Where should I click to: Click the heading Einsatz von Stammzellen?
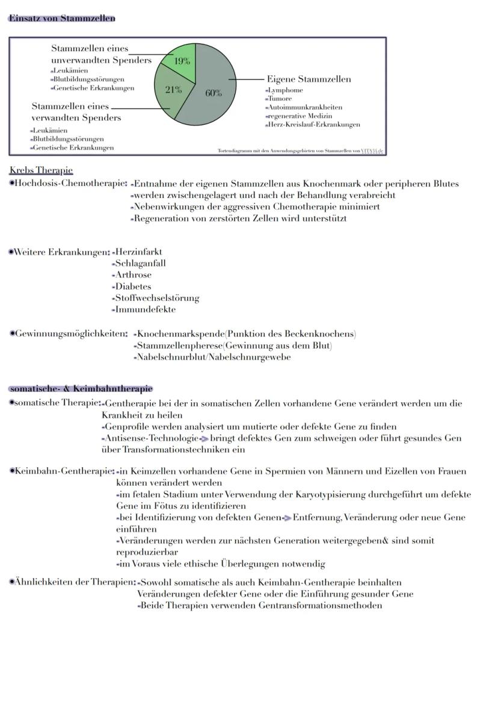pos(62,18)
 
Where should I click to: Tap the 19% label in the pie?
pos(182,61)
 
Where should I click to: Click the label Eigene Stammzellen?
pos(309,79)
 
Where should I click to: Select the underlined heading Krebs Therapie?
pos(41,170)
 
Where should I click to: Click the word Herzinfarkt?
pos(138,252)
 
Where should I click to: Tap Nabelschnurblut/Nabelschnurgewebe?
pos(214,357)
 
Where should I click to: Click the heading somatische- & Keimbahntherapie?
pos(81,389)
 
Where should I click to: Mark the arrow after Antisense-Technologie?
pos(204,439)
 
